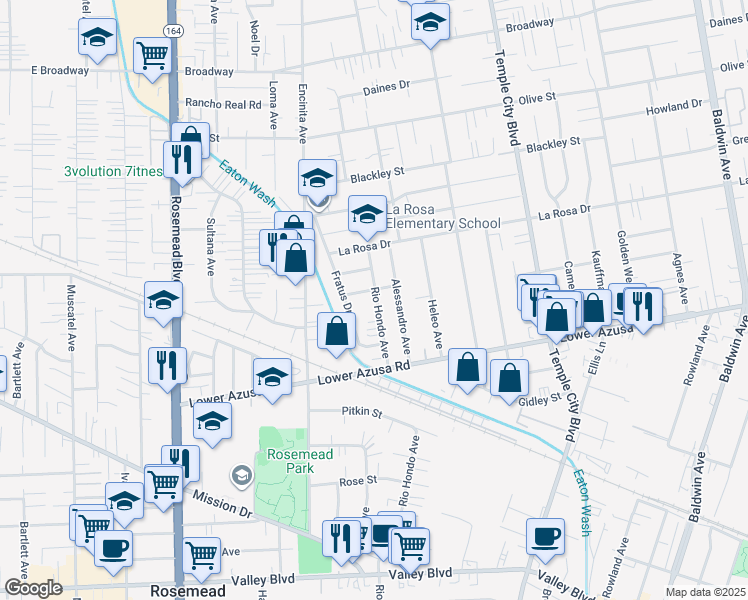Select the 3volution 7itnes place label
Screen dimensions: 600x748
113,171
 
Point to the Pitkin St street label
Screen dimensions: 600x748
362,412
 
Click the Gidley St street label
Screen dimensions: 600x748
540,400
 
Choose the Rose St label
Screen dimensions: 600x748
356,480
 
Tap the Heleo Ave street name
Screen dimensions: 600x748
436,324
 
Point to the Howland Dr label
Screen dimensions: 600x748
674,106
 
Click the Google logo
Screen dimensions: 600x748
32,588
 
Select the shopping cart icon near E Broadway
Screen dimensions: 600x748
152,58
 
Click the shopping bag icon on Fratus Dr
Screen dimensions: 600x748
336,331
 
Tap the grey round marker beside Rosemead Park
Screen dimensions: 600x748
240,476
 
